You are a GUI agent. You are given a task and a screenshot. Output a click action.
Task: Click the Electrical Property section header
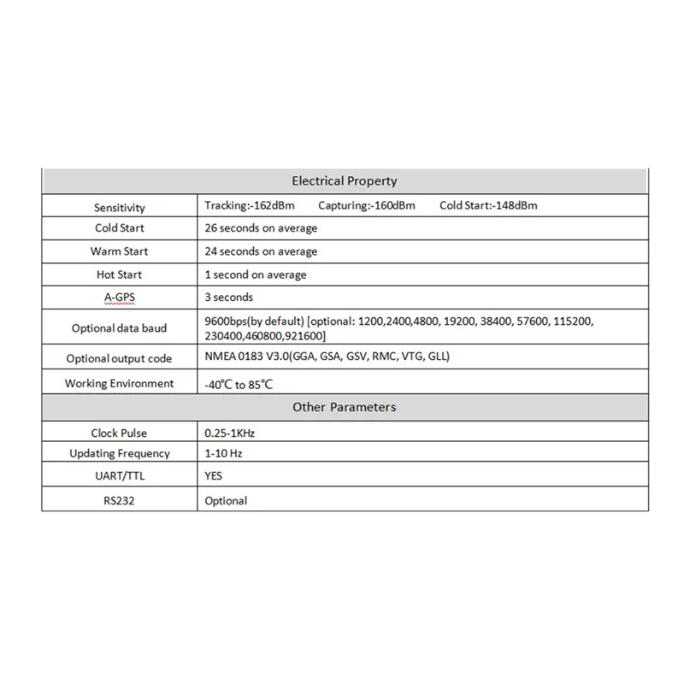pos(345,181)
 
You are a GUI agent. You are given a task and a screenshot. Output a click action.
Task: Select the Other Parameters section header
pos(345,407)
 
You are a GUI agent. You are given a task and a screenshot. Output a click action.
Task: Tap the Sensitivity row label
pos(120,208)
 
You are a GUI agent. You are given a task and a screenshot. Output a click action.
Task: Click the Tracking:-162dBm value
pos(251,206)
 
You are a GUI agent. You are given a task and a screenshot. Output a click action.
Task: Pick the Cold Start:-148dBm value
pos(488,206)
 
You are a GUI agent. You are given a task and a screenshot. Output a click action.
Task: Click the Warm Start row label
pos(120,251)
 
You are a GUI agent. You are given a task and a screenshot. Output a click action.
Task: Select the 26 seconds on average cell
pos(262,228)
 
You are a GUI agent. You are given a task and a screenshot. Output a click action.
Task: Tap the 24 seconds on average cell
pos(262,251)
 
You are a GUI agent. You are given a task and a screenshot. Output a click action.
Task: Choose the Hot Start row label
pos(120,274)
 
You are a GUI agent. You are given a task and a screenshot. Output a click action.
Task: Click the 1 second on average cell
pos(256,274)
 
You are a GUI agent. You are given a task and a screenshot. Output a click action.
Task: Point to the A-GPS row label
pos(120,298)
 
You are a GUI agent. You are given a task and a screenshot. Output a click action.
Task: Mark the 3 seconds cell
pos(230,298)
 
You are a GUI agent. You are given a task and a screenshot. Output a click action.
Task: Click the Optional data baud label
pos(120,328)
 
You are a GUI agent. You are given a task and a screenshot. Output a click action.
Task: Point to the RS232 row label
pos(120,500)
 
